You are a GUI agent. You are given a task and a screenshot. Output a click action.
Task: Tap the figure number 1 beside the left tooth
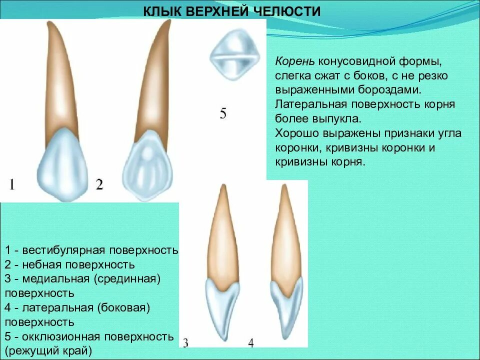click(11, 185)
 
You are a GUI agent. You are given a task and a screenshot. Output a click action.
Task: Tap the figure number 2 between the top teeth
click(99, 185)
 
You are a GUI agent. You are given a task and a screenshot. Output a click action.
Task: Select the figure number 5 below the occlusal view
click(223, 113)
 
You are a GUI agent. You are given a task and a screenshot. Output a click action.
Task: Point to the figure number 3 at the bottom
click(185, 343)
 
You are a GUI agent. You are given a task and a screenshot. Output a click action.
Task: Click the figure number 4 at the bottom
click(251, 343)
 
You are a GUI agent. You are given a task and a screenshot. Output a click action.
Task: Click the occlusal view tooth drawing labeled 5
click(233, 55)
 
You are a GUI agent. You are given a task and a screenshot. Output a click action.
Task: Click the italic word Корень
click(294, 61)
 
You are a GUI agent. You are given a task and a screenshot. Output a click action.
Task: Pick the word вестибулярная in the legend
click(67, 249)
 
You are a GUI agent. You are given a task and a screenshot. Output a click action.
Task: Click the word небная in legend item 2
click(41, 264)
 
